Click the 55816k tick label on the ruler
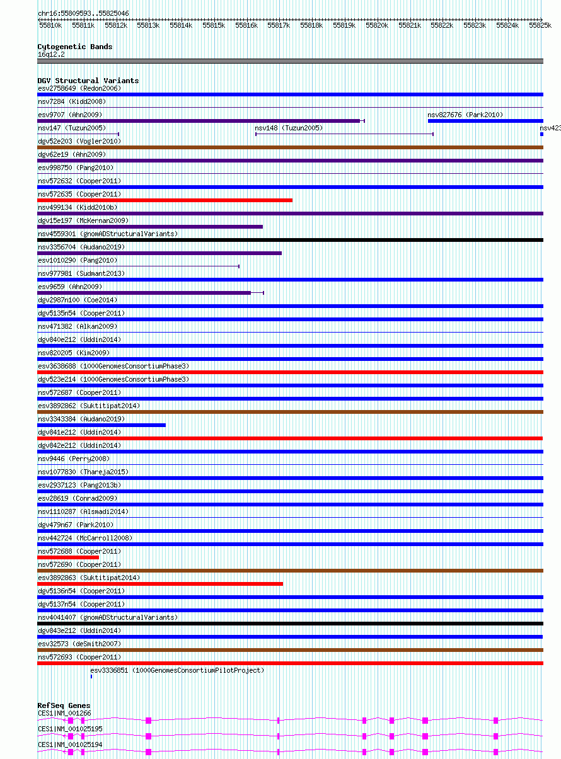tap(246, 25)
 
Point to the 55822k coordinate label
tap(442, 25)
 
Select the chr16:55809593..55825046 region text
tap(83, 13)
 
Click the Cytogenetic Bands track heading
tap(74, 47)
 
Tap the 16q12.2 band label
tap(50, 54)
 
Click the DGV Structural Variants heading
tap(88, 81)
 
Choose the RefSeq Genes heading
tap(64, 705)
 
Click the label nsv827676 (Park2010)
tap(465, 115)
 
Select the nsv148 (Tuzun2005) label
tap(288, 128)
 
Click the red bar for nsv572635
tap(165, 200)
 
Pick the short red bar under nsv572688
tap(68, 557)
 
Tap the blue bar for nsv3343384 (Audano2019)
tap(101, 425)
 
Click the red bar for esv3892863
tap(160, 584)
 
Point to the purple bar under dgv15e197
tap(150, 227)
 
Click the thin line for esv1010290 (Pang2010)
tap(138, 266)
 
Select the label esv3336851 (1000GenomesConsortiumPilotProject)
tap(177, 670)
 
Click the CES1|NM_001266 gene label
tap(64, 713)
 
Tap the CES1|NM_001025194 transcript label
tap(70, 745)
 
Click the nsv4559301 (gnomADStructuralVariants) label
tap(108, 234)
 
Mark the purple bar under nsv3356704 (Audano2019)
tap(159, 253)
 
